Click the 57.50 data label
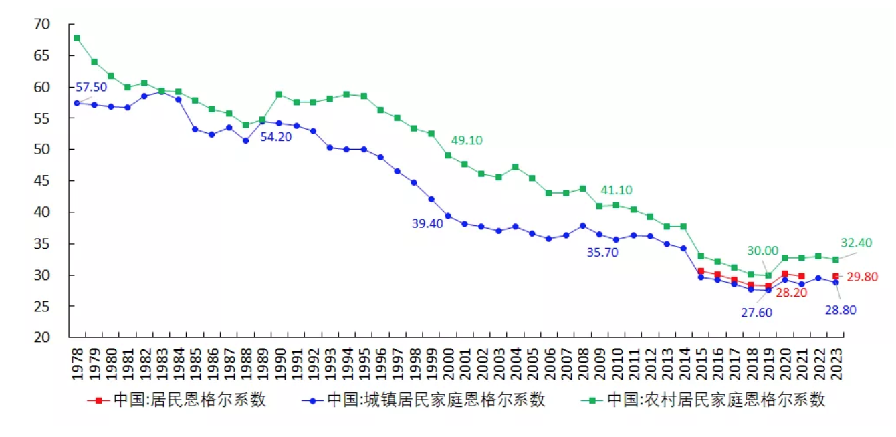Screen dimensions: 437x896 point(92,88)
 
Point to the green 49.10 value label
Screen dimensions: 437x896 point(466,141)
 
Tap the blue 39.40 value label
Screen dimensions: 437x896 point(427,224)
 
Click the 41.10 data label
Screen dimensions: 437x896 point(616,190)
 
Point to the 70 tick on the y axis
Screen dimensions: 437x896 point(41,25)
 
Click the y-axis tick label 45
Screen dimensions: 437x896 point(41,181)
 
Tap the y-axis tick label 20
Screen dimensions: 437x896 point(41,337)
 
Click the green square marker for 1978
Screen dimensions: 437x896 point(77,38)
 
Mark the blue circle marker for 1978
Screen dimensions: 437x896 point(77,103)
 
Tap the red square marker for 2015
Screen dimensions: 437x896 point(700,271)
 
